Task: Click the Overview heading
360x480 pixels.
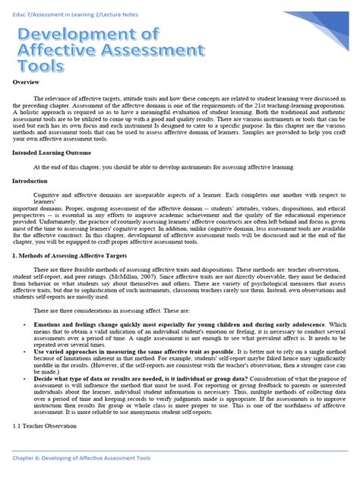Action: click(x=27, y=82)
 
